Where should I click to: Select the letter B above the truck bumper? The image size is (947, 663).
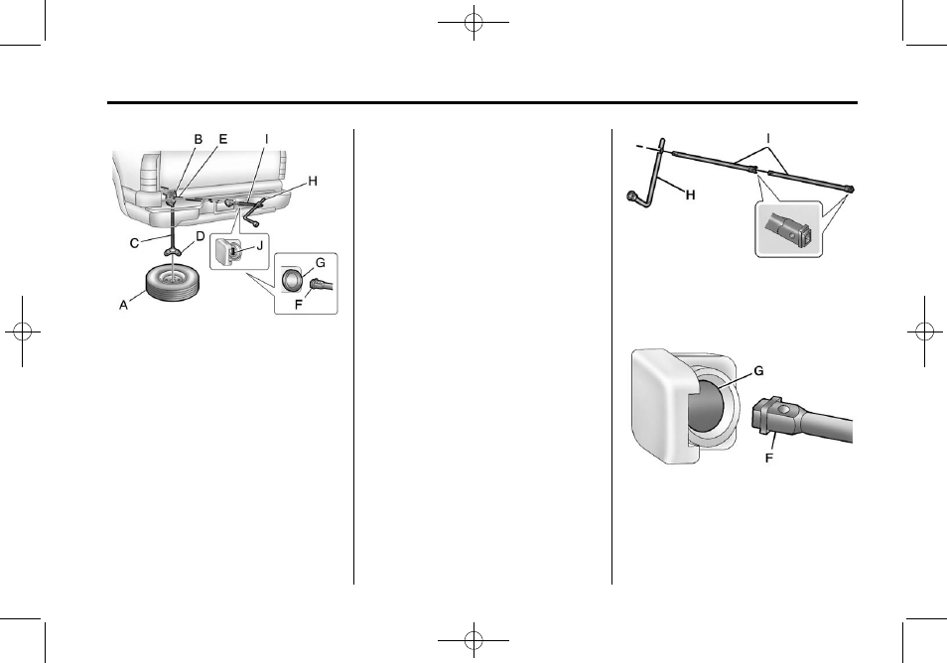point(198,140)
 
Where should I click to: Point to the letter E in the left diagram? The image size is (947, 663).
point(222,140)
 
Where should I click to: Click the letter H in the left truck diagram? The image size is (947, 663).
point(313,182)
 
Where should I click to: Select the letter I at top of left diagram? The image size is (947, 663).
point(266,140)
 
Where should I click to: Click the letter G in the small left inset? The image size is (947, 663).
point(319,261)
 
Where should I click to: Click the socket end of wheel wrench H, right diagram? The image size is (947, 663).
point(631,197)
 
